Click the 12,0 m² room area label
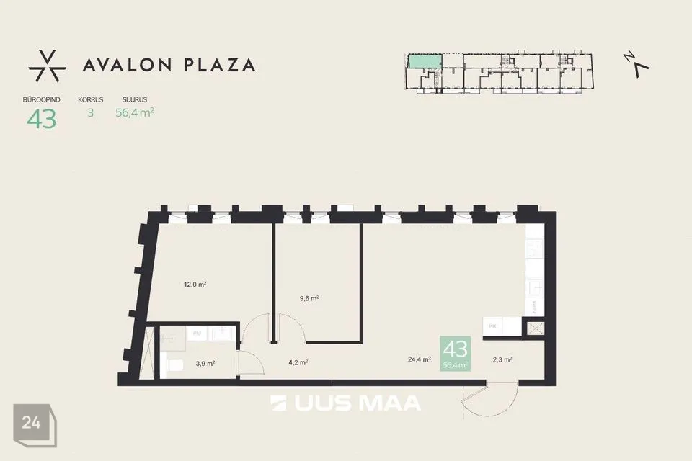tap(195, 285)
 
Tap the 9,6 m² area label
tap(309, 299)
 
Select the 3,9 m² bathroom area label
tap(205, 364)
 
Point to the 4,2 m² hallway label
tap(298, 362)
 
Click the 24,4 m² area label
tap(420, 359)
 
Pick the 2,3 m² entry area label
tap(502, 359)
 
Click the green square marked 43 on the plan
tap(456, 354)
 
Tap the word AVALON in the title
tap(127, 66)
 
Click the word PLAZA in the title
tap(219, 66)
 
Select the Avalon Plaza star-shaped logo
tap(48, 66)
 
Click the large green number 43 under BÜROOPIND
tap(42, 119)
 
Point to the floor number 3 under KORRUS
tap(91, 113)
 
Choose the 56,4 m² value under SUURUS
tap(135, 113)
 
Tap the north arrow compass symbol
tap(636, 64)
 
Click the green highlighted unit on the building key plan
tap(425, 61)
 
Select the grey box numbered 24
tap(35, 425)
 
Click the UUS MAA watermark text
tap(345, 403)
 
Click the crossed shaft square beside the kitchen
tap(536, 328)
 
